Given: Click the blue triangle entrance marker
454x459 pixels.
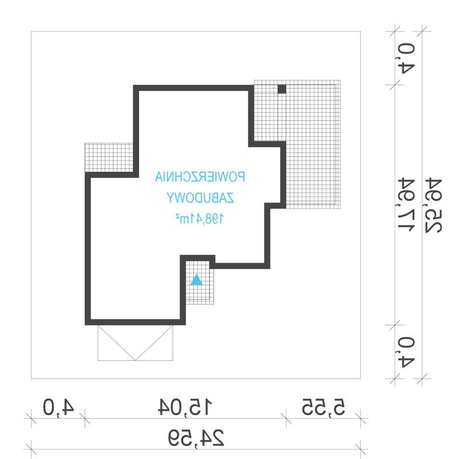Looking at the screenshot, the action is click(197, 280).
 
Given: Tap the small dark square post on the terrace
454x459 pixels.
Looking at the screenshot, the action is click(282, 89).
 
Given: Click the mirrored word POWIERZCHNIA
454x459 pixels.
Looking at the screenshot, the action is click(200, 177).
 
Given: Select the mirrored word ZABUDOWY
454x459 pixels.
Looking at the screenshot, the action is click(200, 198).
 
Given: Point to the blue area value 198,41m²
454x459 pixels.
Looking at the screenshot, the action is click(200, 218).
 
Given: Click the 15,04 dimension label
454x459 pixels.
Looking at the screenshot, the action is click(185, 407).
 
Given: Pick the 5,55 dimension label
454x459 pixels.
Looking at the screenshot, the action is click(324, 407).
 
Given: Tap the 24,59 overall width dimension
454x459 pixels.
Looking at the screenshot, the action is click(196, 438).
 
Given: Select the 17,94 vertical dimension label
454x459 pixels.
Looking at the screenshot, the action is click(406, 204).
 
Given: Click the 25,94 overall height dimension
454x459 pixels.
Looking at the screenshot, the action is click(433, 205).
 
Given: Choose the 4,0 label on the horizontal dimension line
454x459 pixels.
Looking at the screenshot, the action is click(58, 407).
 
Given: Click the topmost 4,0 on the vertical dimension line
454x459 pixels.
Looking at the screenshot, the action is click(406, 58).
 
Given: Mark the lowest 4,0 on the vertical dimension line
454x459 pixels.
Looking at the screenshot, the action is click(406, 352).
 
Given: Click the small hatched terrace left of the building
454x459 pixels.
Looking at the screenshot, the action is click(109, 157).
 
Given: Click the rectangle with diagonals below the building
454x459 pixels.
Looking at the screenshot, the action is click(135, 343).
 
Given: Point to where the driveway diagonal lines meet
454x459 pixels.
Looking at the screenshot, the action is click(136, 360).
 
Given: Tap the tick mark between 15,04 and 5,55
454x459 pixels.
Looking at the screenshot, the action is click(286, 418).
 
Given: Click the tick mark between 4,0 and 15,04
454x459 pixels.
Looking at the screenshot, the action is click(85, 418).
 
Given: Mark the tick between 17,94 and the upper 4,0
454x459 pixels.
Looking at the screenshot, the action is click(395, 85).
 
